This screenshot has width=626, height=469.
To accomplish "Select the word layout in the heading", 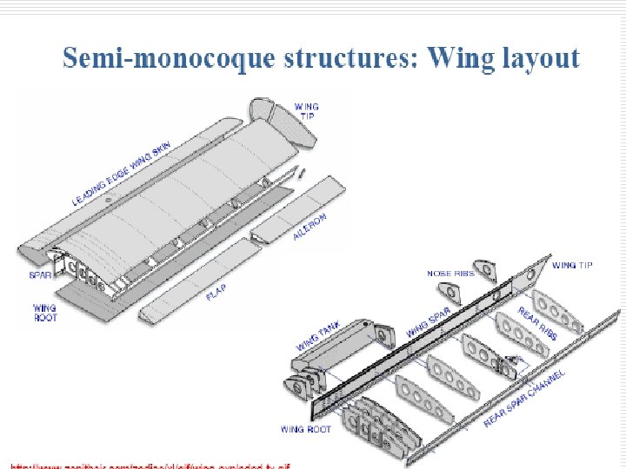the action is [x=539, y=59].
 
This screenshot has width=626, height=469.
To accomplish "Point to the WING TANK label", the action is [x=318, y=335].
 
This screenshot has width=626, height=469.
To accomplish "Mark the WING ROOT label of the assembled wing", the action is [x=44, y=313].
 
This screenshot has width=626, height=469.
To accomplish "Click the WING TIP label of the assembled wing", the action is [x=306, y=111].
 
